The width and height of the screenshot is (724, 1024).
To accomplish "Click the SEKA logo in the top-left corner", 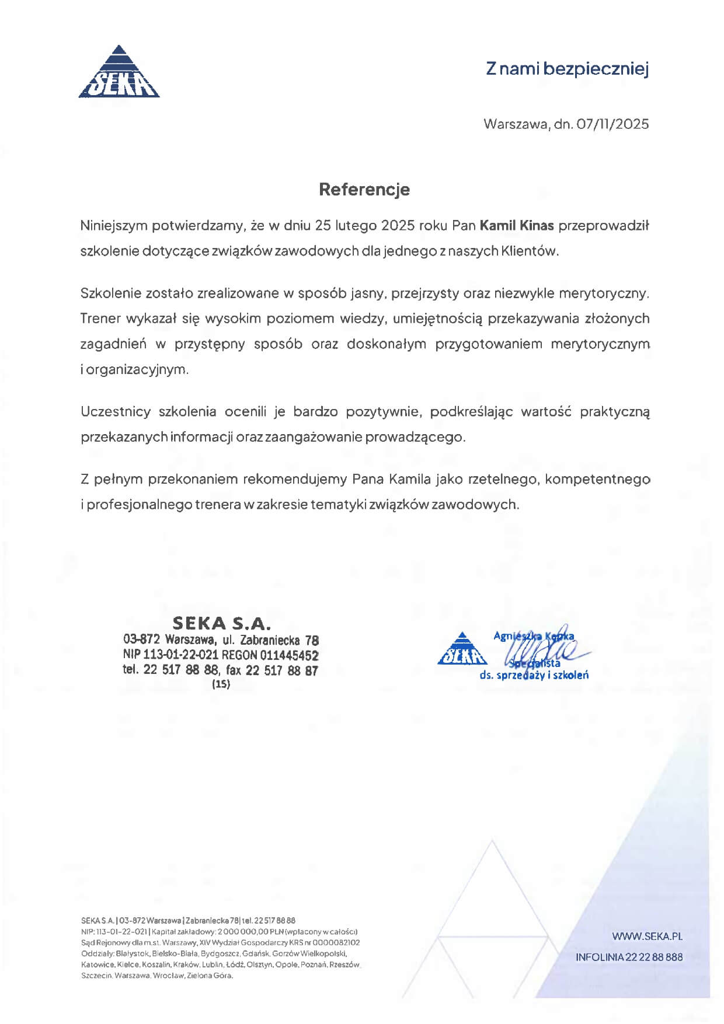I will (x=119, y=72).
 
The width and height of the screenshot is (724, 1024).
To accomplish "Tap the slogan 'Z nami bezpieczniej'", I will (x=567, y=69).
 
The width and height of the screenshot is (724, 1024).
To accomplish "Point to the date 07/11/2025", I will (x=612, y=124).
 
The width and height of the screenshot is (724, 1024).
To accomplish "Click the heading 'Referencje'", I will (x=364, y=189).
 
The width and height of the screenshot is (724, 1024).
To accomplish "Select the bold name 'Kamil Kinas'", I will (x=516, y=225).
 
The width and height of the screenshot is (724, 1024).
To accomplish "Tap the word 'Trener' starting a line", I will (x=100, y=319).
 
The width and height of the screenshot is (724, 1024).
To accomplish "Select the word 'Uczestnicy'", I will (x=116, y=412).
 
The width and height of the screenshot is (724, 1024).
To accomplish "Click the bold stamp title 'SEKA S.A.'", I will (x=222, y=624).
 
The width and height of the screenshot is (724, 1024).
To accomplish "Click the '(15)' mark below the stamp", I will (x=221, y=684).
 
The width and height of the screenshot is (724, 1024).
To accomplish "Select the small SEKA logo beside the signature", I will (x=462, y=649).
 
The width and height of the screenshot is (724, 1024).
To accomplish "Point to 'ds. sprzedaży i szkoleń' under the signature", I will (x=534, y=676).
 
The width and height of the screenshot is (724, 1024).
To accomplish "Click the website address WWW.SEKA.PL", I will (x=647, y=936).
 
